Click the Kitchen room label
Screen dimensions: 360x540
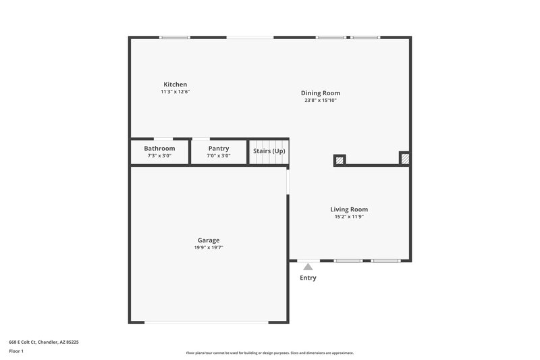(x=175, y=84)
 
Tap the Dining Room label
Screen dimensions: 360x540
(x=320, y=93)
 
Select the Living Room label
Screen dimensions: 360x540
(x=349, y=209)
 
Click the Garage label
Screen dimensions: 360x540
(x=208, y=240)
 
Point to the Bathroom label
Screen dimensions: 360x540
(x=159, y=149)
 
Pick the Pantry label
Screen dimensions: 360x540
(x=218, y=149)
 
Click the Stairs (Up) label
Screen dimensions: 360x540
(x=269, y=151)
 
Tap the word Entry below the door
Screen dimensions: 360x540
(x=308, y=278)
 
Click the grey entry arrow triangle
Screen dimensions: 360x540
(x=308, y=267)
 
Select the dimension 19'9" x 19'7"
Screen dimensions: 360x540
(x=208, y=248)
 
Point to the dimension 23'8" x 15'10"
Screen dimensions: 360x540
(x=320, y=101)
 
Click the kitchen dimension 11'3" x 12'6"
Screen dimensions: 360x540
(x=175, y=92)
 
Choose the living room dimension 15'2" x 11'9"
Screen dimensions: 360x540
(x=349, y=217)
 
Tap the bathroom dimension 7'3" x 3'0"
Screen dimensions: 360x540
(x=159, y=156)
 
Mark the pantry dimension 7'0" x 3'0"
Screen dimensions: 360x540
(x=218, y=156)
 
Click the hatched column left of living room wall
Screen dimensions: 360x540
(x=340, y=160)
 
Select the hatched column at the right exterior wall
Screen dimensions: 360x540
(x=404, y=159)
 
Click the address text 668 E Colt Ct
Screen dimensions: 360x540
(x=43, y=342)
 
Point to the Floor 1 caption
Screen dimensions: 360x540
(x=16, y=351)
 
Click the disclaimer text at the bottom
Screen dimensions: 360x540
(x=269, y=353)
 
